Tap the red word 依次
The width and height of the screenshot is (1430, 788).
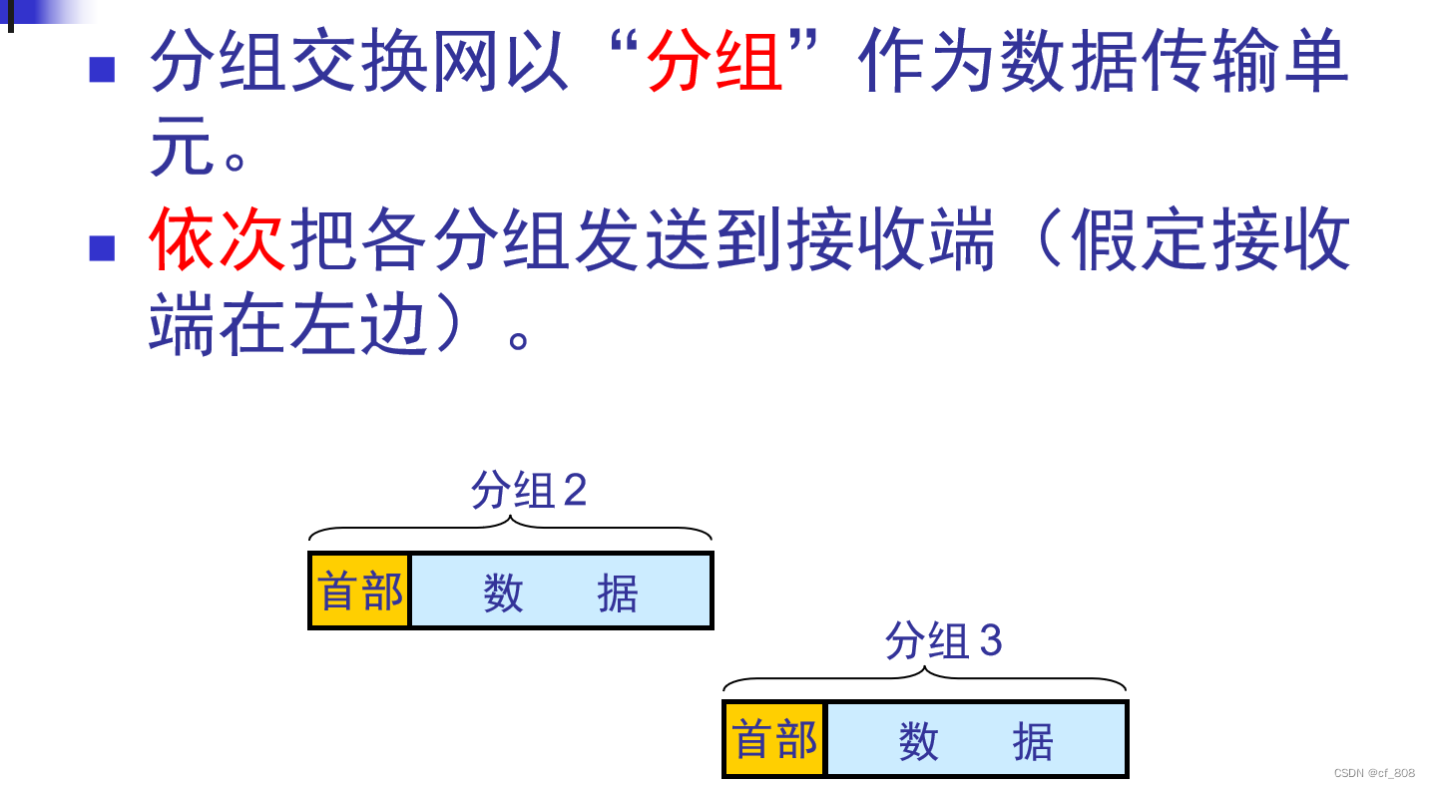point(219,240)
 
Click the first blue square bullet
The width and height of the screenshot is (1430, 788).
point(102,70)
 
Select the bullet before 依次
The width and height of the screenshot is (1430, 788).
point(102,247)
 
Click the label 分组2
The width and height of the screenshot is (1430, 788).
point(529,490)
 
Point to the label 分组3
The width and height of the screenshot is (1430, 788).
point(943,640)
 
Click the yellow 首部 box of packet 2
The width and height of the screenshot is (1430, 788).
point(360,591)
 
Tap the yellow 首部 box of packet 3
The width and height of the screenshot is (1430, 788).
point(774,740)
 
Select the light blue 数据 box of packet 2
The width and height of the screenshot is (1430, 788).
point(561,591)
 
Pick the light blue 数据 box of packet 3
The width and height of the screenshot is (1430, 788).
point(976,740)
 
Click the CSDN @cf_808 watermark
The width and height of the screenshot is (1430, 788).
point(1374,773)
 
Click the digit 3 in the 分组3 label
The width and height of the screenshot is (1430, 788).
point(989,640)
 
